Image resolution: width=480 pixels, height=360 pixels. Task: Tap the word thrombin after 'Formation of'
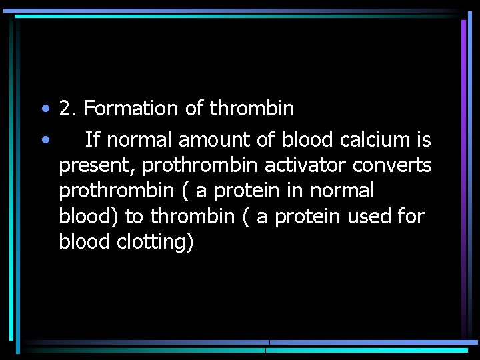pos(251,108)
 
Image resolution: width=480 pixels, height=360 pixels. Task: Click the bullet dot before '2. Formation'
pos(44,108)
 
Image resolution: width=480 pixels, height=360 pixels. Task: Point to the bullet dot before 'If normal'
pos(44,140)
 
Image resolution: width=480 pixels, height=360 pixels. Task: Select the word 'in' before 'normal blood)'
pos(295,191)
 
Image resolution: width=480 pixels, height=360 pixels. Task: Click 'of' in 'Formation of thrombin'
pos(193,108)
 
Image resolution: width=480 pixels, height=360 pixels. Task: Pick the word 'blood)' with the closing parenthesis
pos(89,216)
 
